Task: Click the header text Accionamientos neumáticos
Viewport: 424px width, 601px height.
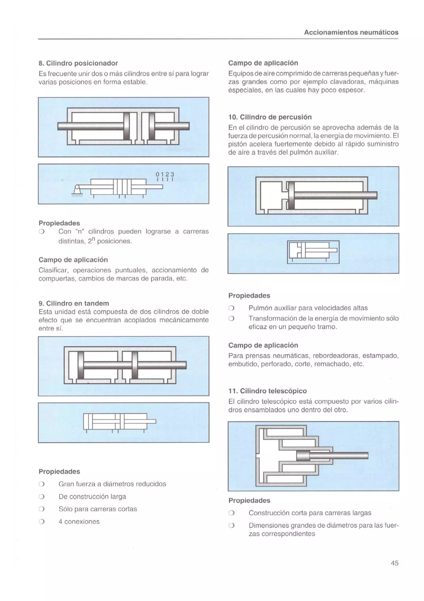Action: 351,33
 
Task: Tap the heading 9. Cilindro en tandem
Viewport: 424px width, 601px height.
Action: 74,303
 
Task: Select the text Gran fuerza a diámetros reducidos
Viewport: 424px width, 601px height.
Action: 112,484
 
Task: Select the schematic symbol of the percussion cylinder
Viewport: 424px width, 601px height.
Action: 313,252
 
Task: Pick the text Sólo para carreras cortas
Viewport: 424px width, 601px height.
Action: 98,509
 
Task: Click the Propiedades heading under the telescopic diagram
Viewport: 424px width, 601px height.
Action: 249,500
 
